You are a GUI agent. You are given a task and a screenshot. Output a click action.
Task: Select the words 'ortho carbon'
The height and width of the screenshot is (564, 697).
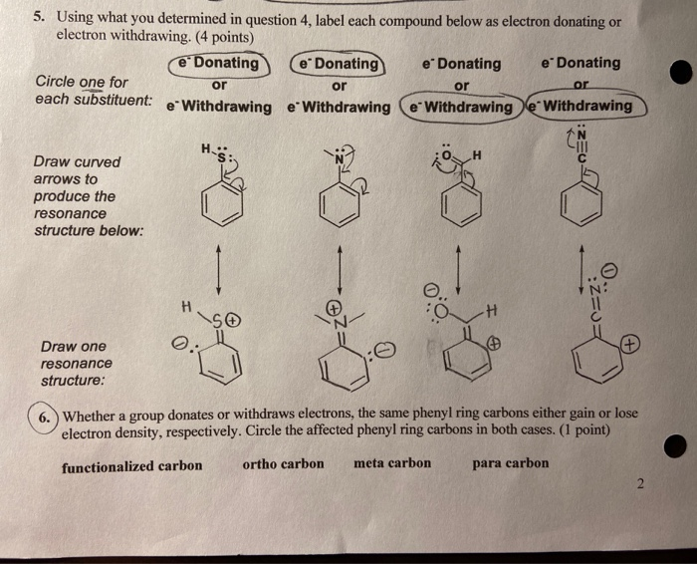click(x=283, y=463)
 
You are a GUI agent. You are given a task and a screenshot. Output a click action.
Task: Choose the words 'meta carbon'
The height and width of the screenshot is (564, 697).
click(x=392, y=463)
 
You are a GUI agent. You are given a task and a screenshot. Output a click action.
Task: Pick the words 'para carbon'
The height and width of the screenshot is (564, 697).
click(x=510, y=463)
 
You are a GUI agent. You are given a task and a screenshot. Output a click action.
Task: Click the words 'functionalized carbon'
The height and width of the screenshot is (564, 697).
click(x=131, y=466)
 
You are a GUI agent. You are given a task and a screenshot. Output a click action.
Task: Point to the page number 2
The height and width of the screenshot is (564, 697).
click(x=642, y=485)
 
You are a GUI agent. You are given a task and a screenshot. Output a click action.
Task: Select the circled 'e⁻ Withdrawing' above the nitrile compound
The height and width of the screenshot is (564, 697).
click(x=587, y=106)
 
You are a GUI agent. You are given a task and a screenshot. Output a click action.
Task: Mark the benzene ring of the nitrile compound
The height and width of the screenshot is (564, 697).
click(x=583, y=208)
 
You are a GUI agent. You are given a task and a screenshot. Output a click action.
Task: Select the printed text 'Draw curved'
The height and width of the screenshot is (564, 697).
click(x=77, y=161)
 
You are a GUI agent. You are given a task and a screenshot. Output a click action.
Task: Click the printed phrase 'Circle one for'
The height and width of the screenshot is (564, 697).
click(x=81, y=82)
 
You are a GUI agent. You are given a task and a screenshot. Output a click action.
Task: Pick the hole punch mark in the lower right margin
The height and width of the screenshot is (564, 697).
click(x=677, y=446)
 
